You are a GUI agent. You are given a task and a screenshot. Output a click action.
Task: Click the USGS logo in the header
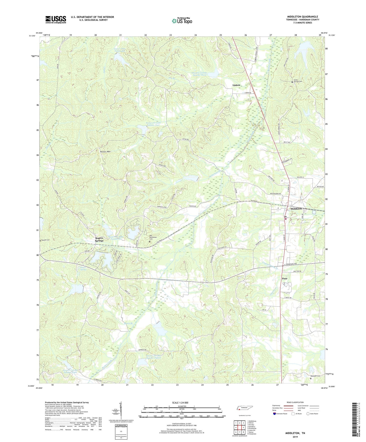point(56,19)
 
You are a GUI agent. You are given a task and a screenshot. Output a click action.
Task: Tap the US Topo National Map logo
point(182,21)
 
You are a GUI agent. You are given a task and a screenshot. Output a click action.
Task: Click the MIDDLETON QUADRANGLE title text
point(302,17)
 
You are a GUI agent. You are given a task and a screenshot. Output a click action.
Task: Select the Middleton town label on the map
point(294,209)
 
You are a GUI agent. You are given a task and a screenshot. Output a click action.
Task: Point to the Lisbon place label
point(236,85)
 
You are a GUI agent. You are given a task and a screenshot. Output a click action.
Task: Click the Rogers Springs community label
point(99,239)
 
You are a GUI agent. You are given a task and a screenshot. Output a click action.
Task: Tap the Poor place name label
point(285,278)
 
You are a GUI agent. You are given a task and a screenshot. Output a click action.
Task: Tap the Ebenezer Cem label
point(315,376)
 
